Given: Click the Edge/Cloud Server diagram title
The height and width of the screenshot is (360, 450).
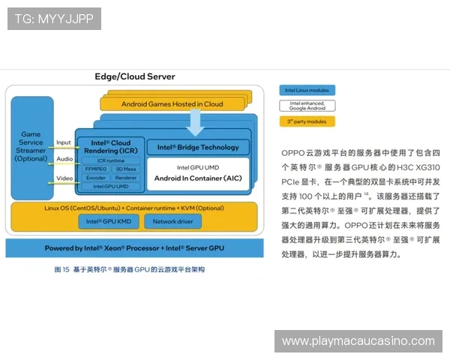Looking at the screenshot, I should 135,76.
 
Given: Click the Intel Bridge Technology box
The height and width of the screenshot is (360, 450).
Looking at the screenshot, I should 198,147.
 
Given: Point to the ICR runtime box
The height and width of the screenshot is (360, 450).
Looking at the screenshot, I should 110,160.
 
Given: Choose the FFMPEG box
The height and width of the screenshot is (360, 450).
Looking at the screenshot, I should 96,169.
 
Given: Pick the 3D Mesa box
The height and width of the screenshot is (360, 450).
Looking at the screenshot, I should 126,169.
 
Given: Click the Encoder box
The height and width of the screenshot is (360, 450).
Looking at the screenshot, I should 96,178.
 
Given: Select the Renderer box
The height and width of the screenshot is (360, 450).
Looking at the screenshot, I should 126,178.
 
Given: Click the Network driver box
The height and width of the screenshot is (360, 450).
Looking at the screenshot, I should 172,221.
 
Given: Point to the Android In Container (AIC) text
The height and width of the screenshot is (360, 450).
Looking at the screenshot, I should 199,178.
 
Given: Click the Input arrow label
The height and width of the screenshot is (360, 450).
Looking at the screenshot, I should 64,142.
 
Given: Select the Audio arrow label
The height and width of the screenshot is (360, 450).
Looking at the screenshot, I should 64,159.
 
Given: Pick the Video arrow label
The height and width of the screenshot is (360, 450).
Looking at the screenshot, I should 64,178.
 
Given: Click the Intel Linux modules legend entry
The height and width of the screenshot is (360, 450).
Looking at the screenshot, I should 307,90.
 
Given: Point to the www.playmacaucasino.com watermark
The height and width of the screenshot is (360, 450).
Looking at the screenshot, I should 358,341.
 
